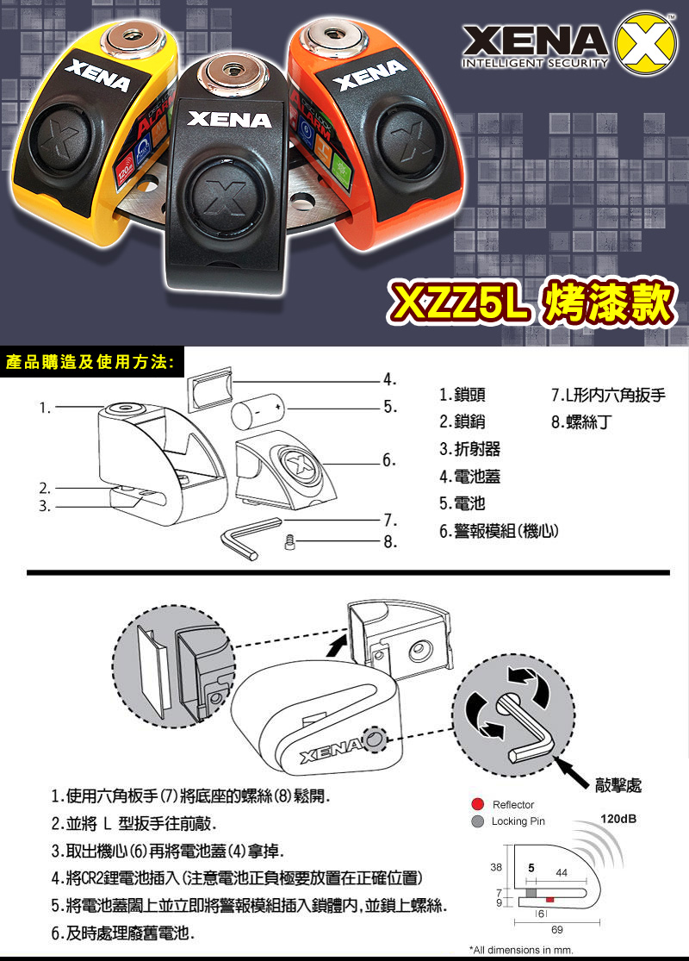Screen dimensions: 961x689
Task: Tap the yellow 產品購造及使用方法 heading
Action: pyautogui.click(x=89, y=359)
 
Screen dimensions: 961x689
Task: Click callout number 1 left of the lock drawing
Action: pyautogui.click(x=44, y=406)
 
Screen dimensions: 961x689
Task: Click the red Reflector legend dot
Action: pyautogui.click(x=477, y=804)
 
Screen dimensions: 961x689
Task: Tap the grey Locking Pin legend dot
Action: pyautogui.click(x=477, y=821)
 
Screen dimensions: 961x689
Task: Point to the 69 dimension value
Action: pyautogui.click(x=557, y=930)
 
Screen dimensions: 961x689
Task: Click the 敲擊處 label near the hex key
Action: pyautogui.click(x=618, y=784)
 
